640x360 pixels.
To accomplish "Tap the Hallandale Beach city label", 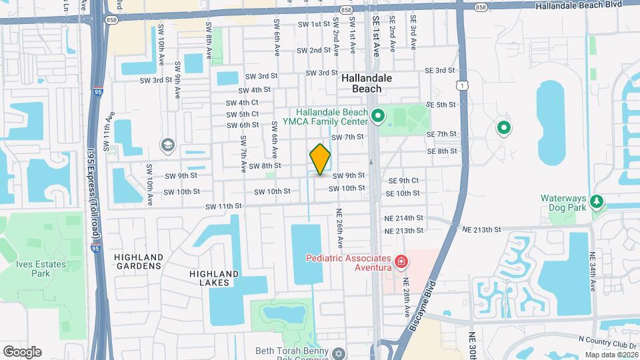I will click(366, 83).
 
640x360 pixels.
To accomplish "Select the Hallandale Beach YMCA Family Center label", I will click(331, 117).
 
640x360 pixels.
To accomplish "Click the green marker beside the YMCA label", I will click(378, 118).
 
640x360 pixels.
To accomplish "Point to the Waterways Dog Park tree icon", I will click(597, 201).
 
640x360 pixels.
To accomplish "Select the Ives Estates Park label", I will click(41, 269).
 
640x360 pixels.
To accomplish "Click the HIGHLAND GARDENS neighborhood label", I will click(138, 261).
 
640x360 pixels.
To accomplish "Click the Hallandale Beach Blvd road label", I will click(587, 5).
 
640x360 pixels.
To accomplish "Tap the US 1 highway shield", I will click(461, 85).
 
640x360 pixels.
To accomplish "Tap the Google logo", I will click(22, 352).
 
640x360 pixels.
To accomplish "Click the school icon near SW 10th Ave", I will click(167, 145).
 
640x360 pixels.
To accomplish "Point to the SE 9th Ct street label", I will click(404, 181).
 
